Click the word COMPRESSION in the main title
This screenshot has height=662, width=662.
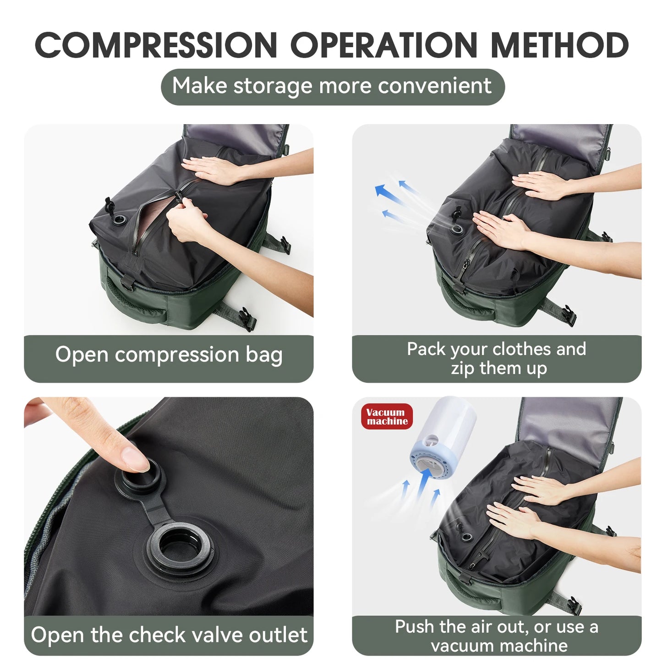[x=156, y=45]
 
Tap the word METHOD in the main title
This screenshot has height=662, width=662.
[x=559, y=45]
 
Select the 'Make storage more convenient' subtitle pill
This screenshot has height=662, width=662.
[x=332, y=87]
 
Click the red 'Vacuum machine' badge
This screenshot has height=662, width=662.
[x=387, y=416]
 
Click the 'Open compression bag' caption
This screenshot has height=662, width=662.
[x=169, y=355]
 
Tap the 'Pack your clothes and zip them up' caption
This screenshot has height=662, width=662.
[x=497, y=358]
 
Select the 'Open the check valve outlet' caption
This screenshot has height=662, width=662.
[x=169, y=635]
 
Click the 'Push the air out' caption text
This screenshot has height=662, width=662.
[x=497, y=635]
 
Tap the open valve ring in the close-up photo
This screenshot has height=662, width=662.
[x=179, y=549]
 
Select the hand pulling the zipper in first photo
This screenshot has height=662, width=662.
[x=186, y=224]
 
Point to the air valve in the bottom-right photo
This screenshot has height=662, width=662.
[x=466, y=536]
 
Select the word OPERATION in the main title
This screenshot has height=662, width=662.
[x=384, y=45]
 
